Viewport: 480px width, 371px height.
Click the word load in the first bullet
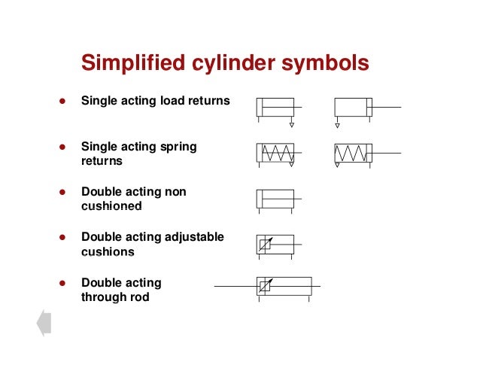point(175,100)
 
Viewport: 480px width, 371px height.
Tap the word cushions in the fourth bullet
point(107,252)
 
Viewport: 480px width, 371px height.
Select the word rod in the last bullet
point(139,297)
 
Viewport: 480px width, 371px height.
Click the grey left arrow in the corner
point(43,323)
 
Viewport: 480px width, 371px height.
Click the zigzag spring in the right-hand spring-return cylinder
point(350,153)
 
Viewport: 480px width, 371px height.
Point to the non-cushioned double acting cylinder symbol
point(275,199)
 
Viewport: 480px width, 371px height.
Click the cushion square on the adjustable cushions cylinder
point(265,245)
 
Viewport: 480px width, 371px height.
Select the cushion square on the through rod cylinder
point(265,287)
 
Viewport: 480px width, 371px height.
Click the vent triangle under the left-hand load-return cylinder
point(292,125)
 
